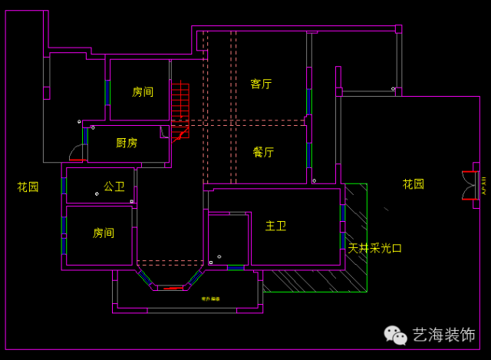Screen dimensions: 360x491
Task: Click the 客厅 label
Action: (262, 84)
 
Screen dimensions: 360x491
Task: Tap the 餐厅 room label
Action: (263, 152)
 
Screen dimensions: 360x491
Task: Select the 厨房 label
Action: (127, 143)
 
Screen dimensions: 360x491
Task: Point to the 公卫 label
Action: (114, 186)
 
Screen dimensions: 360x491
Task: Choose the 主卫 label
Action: (275, 226)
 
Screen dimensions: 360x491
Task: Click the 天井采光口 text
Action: (374, 248)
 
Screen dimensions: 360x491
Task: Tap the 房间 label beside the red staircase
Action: (143, 91)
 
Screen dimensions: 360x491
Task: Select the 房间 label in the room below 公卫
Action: (104, 233)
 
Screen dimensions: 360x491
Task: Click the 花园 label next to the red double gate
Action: (414, 184)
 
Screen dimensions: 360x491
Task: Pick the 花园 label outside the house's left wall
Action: (28, 187)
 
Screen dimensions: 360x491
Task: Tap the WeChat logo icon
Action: (396, 335)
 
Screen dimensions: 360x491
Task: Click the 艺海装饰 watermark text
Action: (444, 335)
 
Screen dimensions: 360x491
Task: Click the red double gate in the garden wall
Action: (468, 185)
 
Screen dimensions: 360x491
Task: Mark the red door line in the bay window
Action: (173, 289)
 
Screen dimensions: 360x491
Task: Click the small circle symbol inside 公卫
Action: (97, 194)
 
